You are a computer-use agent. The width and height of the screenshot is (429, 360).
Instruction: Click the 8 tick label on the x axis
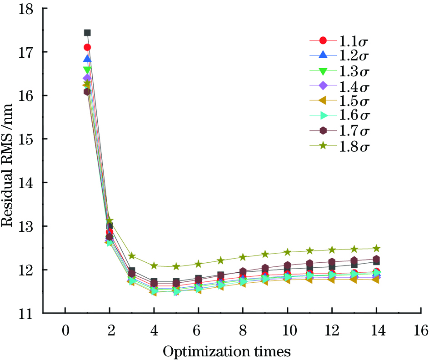pos(243,329)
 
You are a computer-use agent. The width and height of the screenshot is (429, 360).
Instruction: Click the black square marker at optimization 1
pos(87,33)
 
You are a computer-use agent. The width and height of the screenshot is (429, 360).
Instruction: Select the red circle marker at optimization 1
pos(87,47)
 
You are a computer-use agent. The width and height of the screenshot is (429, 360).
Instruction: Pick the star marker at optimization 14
pos(376,248)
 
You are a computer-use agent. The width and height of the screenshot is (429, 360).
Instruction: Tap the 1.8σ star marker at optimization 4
pos(154,265)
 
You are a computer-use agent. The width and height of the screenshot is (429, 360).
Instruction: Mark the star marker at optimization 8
pos(243,257)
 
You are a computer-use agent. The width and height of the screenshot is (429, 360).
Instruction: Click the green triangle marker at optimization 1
pos(87,70)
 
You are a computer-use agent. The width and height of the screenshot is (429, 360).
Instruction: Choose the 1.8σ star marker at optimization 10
pos(288,252)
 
